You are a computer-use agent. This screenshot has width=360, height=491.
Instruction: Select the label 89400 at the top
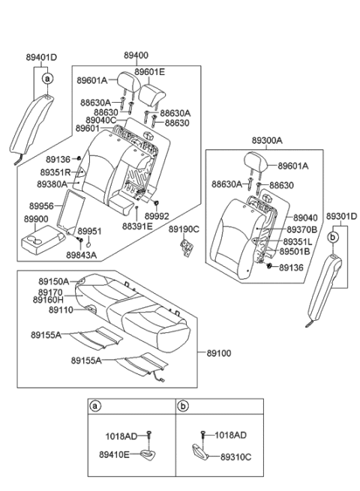click(136, 55)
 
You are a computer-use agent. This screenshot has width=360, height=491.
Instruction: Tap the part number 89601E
click(150, 72)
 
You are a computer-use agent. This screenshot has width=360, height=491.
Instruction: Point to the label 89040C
click(100, 120)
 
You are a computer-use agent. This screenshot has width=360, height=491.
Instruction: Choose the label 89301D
click(341, 217)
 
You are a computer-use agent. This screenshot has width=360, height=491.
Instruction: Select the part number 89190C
click(183, 229)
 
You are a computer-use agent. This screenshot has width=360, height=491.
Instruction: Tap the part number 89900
click(36, 219)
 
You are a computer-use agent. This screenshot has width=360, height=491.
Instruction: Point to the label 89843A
click(81, 255)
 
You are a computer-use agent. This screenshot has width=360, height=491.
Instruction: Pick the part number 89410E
click(114, 454)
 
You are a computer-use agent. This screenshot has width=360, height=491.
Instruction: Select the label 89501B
click(298, 252)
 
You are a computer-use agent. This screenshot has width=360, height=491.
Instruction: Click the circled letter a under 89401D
click(47, 78)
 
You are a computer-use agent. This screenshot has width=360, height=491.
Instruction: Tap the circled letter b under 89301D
click(332, 235)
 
